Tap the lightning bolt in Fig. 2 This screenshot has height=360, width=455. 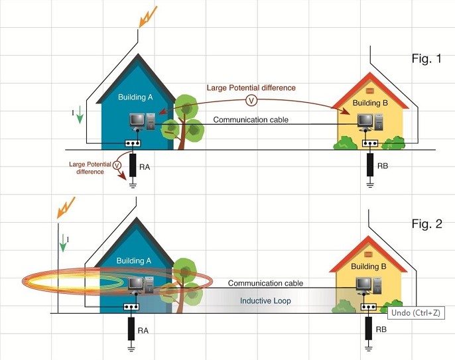click(x=67, y=206)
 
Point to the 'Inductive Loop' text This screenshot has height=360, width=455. click(x=265, y=301)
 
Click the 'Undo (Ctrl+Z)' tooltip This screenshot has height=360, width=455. click(x=415, y=312)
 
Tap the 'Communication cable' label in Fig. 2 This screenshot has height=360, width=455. click(x=265, y=283)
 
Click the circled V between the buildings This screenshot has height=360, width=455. click(x=251, y=100)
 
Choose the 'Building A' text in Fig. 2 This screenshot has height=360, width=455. click(x=135, y=260)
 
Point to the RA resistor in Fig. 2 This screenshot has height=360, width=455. click(x=131, y=329)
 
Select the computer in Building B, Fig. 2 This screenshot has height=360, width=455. click(x=364, y=284)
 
